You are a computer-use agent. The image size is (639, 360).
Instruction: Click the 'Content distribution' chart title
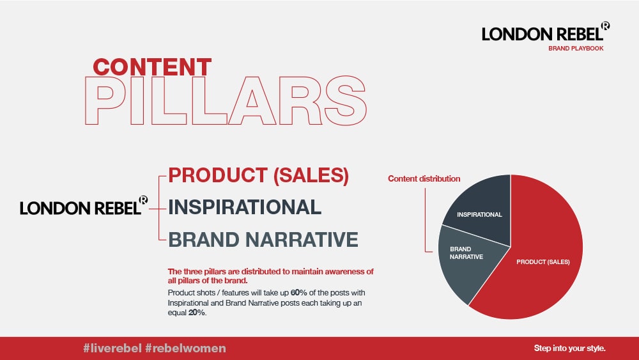(x=424, y=178)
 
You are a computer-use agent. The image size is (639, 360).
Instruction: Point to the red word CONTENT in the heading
(x=152, y=67)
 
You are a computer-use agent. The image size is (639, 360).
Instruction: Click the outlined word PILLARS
(x=226, y=100)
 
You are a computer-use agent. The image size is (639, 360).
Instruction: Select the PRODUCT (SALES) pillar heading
(x=258, y=175)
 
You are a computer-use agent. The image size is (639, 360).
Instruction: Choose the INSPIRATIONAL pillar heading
(x=245, y=207)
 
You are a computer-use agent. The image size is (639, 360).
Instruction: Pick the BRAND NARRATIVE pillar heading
(x=263, y=239)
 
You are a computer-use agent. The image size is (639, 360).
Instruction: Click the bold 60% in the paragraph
(x=298, y=293)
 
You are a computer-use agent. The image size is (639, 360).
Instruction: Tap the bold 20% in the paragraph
(x=196, y=313)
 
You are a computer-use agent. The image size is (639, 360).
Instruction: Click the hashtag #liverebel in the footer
(x=112, y=348)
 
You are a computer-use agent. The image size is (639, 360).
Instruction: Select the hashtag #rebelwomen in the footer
(x=185, y=348)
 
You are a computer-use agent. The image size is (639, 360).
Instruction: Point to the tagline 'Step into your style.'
(x=570, y=348)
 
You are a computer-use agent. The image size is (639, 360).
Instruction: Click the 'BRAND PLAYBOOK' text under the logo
(x=576, y=48)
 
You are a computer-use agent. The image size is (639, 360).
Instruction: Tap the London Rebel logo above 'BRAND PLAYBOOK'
(x=546, y=32)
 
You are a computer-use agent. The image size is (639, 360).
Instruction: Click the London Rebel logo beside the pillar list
(x=84, y=205)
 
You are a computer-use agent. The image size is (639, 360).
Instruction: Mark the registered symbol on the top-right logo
(x=606, y=26)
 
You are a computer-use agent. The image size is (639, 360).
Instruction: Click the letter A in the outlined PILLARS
(x=252, y=100)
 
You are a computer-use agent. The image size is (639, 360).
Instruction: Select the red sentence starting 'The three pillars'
(x=270, y=276)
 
